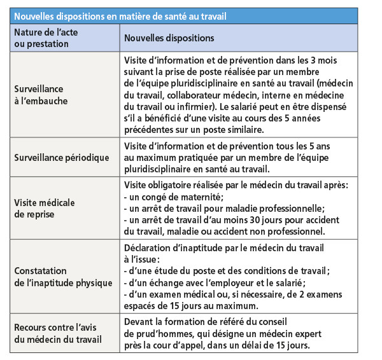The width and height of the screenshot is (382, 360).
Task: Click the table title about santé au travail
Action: pyautogui.click(x=120, y=15)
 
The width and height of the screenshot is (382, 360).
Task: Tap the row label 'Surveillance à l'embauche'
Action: pyautogui.click(x=41, y=95)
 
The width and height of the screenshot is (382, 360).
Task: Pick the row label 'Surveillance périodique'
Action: pyautogui.click(x=62, y=157)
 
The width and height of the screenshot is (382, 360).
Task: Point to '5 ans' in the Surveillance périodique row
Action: pyautogui.click(x=325, y=146)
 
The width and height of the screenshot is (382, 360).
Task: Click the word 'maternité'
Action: pyautogui.click(x=203, y=197)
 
